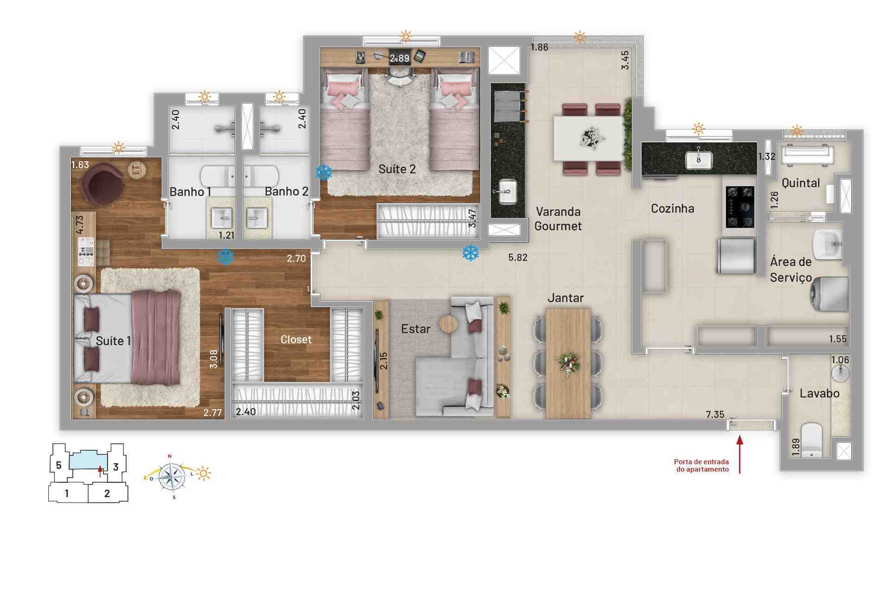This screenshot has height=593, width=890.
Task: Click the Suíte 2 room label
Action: pyautogui.click(x=397, y=169)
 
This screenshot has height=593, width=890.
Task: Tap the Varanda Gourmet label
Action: pyautogui.click(x=558, y=219)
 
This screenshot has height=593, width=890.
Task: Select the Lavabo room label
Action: pyautogui.click(x=819, y=393)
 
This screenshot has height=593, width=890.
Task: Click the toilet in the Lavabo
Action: pyautogui.click(x=811, y=440)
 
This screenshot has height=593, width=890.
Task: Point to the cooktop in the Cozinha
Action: pyautogui.click(x=740, y=207)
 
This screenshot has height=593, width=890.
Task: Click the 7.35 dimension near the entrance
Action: pyautogui.click(x=715, y=415)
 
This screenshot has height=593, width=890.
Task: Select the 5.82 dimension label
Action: pyautogui.click(x=518, y=258)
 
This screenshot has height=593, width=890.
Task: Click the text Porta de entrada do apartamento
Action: pyautogui.click(x=701, y=465)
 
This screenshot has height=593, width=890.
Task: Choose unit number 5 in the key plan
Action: pyautogui.click(x=58, y=465)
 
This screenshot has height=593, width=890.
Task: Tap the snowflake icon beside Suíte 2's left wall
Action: pyautogui.click(x=324, y=172)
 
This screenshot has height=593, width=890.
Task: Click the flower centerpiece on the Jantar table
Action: pyautogui.click(x=568, y=362)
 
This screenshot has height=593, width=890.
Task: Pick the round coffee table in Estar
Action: pyautogui.click(x=448, y=324)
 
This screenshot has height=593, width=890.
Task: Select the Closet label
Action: pyautogui.click(x=296, y=340)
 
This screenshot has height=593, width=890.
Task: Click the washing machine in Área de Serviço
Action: pyautogui.click(x=830, y=293)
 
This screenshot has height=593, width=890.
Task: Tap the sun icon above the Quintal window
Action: pyautogui.click(x=797, y=131)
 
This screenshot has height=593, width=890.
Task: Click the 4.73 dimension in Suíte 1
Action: pyautogui.click(x=80, y=225)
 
